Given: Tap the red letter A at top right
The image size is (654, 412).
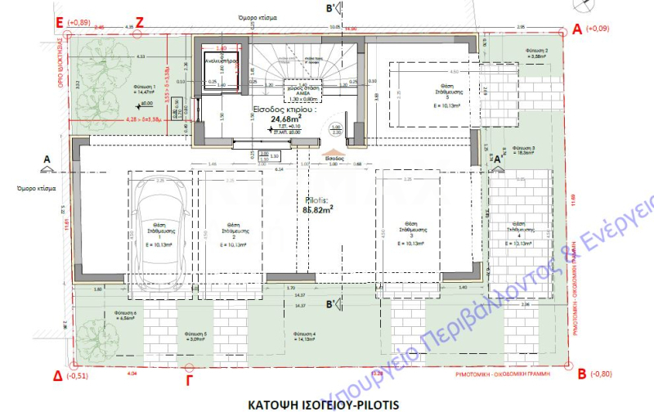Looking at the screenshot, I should [x=578, y=29].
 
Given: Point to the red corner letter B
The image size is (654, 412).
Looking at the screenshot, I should [x=581, y=375].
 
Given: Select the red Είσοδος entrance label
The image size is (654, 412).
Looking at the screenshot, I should [x=334, y=154].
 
